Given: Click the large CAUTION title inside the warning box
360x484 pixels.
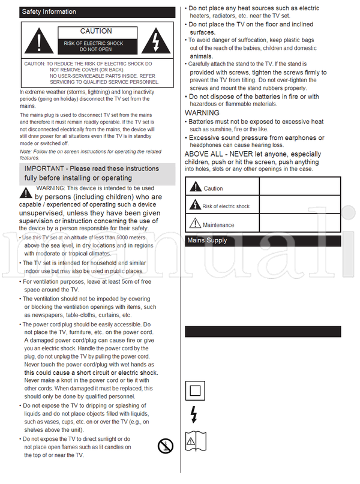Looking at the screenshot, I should tap(96, 31).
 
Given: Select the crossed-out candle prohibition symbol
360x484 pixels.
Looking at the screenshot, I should tap(165, 446).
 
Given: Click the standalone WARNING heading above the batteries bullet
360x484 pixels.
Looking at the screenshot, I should tap(202, 113).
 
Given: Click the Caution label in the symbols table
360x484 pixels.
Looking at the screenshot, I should tap(213, 188).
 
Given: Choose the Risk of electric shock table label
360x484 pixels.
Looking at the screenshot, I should tap(226, 206).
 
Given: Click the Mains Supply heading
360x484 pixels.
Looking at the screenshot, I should tap(208, 241).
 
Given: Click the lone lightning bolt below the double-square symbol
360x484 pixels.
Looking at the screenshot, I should tap(193, 414).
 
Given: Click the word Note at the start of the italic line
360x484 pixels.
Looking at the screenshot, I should tap(26, 152).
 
